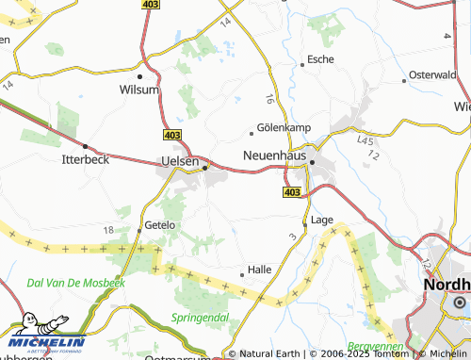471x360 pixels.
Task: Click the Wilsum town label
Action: point(139,90)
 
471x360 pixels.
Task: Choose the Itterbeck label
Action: point(86,159)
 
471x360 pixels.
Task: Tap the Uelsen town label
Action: point(180,162)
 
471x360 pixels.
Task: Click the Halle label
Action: point(259,269)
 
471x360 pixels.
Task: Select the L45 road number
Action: point(366,139)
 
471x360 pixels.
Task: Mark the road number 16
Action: point(270,97)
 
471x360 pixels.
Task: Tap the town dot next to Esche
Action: point(302,64)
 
